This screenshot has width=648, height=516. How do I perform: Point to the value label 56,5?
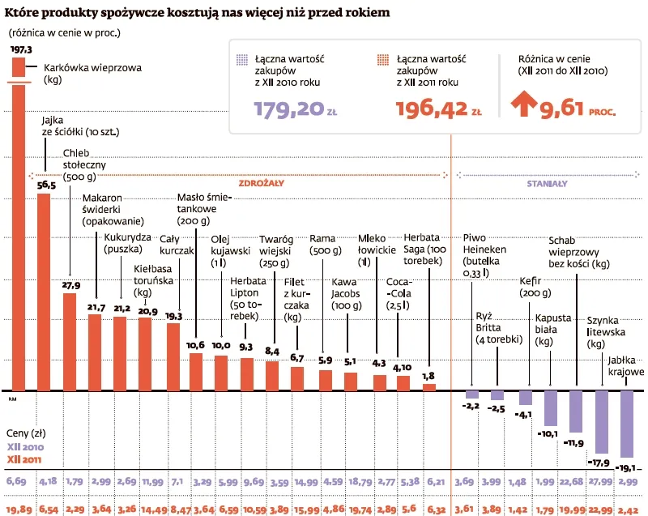click(46, 186)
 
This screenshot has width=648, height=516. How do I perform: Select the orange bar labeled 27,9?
click(70, 340)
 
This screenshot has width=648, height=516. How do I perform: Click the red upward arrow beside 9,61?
click(525, 106)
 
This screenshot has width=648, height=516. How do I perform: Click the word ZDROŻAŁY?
click(261, 183)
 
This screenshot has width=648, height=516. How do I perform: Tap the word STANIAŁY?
click(547, 183)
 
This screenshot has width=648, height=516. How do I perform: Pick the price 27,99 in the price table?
click(600, 483)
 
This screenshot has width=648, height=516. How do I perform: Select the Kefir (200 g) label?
click(533, 288)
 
